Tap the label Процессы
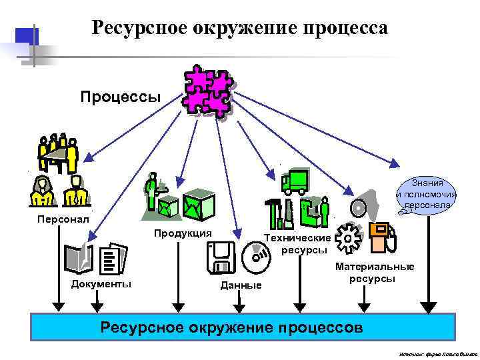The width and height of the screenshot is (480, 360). [x=121, y=97]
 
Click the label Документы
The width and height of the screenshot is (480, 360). [x=101, y=284]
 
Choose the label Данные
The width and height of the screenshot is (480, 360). [x=241, y=285]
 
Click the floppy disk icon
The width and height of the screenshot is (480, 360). [x=220, y=258]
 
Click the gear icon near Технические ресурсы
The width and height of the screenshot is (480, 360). [x=348, y=238]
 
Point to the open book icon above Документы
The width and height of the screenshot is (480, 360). [x=78, y=259]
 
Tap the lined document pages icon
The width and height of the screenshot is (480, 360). [x=111, y=259]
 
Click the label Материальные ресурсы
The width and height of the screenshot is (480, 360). [x=374, y=272]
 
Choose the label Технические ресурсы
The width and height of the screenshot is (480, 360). [x=297, y=243]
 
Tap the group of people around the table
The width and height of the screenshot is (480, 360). [x=59, y=153]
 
